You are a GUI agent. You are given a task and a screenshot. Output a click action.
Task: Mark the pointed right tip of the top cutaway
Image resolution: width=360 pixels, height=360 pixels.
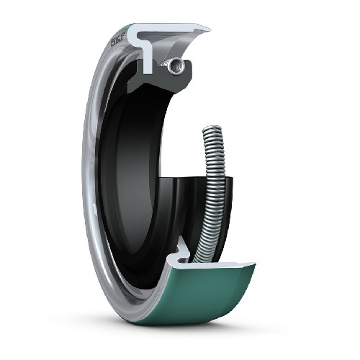pyautogui.click(x=209, y=30)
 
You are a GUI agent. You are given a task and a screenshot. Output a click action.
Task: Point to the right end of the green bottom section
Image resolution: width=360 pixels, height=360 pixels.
pyautogui.click(x=253, y=268)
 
